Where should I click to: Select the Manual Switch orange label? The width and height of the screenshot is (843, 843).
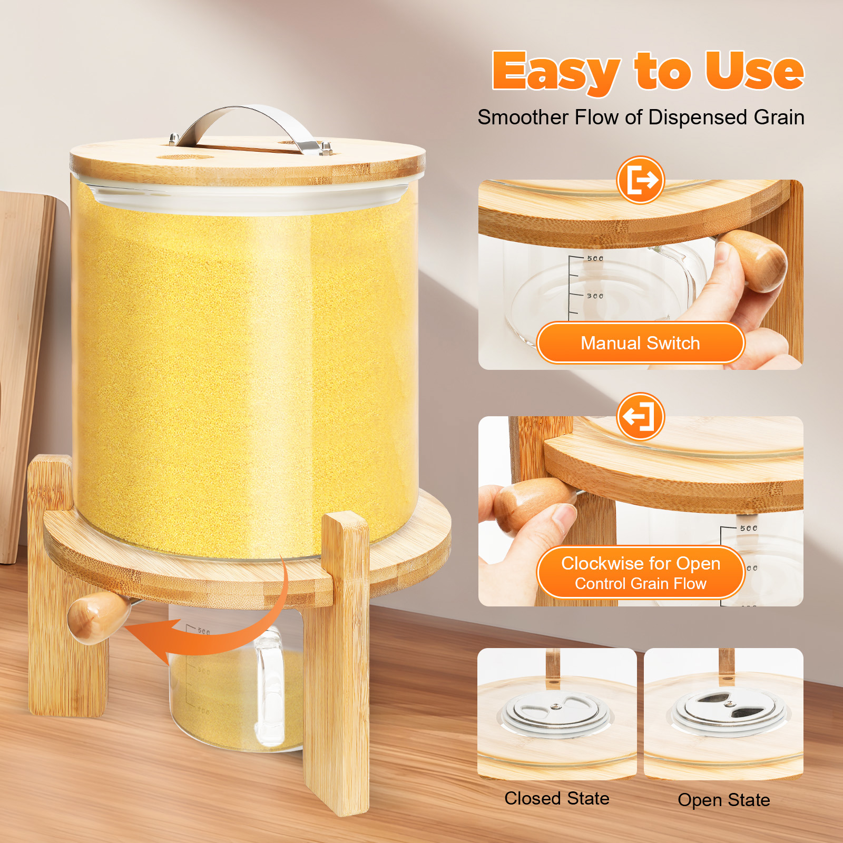[x=640, y=343]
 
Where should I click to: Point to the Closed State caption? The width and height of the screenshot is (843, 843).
[x=557, y=798]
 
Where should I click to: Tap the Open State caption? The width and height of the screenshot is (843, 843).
[x=724, y=800]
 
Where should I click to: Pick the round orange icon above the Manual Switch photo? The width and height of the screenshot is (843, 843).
[x=640, y=180]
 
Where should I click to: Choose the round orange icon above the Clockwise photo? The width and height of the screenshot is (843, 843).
[x=640, y=416]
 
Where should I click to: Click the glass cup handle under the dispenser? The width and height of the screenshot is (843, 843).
[x=270, y=685]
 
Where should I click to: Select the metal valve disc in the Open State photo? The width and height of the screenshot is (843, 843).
[x=729, y=712]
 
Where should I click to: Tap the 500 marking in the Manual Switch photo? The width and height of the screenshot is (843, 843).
[x=595, y=258]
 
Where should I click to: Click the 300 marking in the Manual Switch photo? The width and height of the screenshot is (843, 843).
[x=595, y=296]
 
